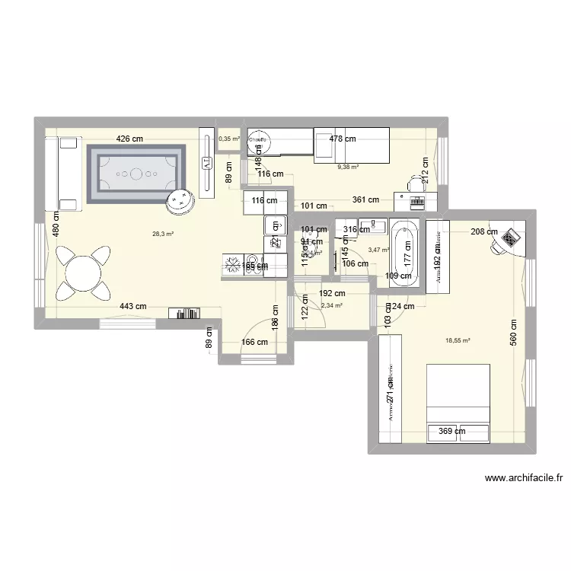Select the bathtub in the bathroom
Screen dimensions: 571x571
(x=404, y=254)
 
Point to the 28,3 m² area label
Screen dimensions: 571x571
(x=163, y=234)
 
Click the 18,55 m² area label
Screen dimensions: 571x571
(x=458, y=341)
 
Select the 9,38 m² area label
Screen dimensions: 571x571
(x=348, y=167)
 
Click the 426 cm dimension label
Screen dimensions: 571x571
(x=129, y=139)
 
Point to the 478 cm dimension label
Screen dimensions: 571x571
(x=342, y=139)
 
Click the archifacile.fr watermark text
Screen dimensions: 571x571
(x=523, y=479)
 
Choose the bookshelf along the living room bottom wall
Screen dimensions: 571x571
(x=185, y=312)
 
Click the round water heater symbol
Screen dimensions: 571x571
(x=260, y=141)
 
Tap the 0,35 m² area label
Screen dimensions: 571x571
(x=228, y=139)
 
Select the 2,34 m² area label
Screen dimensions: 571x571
(x=331, y=305)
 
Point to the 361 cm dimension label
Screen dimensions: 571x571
(x=365, y=199)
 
